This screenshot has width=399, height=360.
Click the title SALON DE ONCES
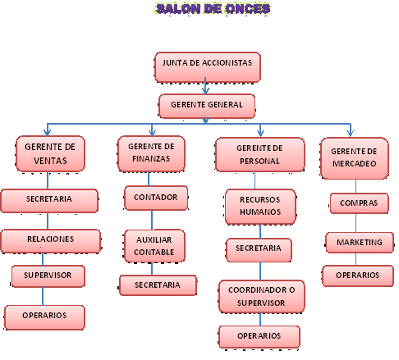click(213, 8)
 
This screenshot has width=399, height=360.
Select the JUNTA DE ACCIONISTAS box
click(208, 67)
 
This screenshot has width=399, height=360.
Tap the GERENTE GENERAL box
click(207, 106)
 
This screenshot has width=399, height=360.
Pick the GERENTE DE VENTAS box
click(50, 153)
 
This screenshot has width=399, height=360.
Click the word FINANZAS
click(151, 158)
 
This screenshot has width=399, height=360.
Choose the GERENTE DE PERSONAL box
click(259, 154)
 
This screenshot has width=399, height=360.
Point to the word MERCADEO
click(355, 163)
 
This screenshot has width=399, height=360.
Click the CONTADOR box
click(156, 198)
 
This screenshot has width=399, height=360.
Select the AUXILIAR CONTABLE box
click(154, 246)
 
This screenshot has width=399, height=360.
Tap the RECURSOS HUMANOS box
click(260, 207)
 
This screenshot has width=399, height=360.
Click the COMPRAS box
click(359, 203)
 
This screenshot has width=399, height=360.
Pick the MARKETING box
click(360, 243)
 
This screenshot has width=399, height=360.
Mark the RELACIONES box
click(51, 241)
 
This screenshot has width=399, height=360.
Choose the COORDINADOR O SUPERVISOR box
click(262, 296)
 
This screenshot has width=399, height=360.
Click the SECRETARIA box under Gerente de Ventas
click(49, 201)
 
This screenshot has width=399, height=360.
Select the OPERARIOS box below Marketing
click(358, 276)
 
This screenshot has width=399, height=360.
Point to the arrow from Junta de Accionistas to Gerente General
click(205, 85)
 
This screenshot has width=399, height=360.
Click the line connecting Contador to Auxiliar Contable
click(152, 220)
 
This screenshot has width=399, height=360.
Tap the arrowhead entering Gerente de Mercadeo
click(351, 133)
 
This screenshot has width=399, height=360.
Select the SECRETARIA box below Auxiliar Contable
click(158, 285)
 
